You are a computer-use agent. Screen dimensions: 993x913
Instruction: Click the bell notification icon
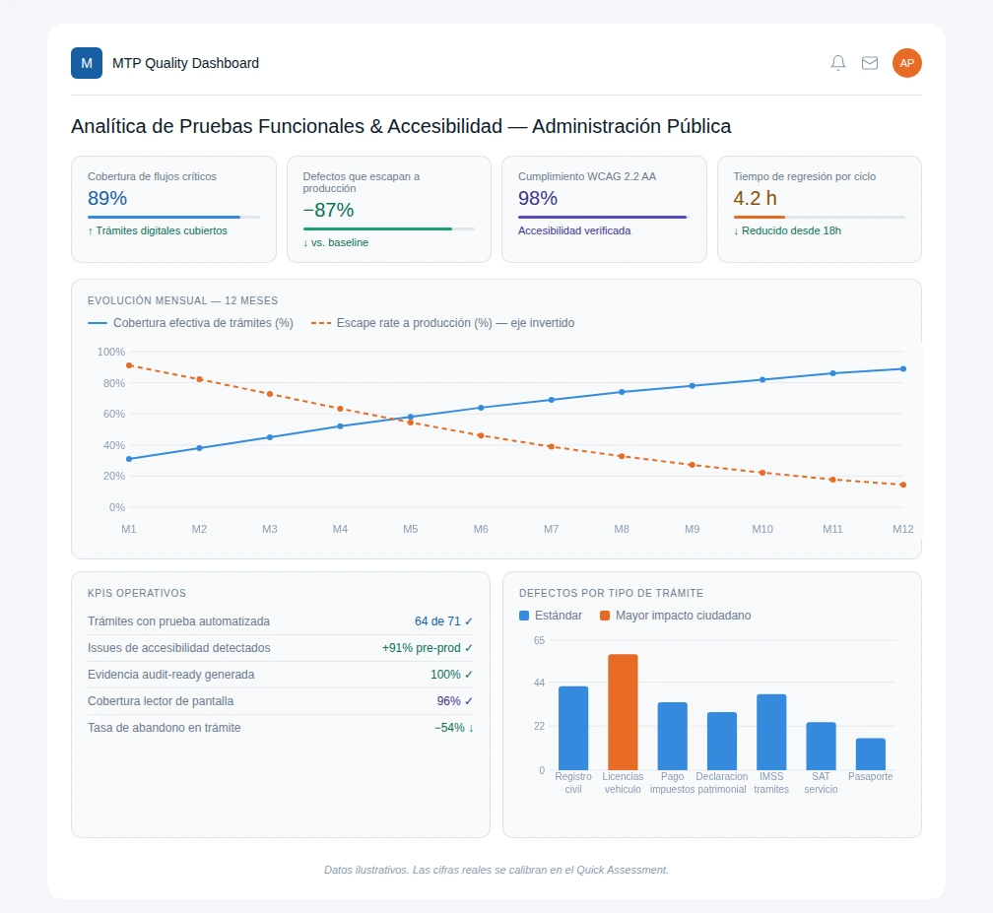click(x=837, y=63)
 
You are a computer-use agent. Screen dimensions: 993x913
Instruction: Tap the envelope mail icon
click(x=870, y=63)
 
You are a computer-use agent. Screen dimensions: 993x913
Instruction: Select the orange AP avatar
click(x=907, y=63)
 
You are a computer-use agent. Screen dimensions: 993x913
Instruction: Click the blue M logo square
click(x=87, y=63)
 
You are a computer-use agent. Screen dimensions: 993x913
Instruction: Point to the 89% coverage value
click(x=107, y=198)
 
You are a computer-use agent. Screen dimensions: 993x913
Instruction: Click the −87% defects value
click(x=328, y=210)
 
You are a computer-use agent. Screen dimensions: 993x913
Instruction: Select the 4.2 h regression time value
click(x=755, y=198)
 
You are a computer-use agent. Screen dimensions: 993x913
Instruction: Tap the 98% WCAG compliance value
click(x=538, y=198)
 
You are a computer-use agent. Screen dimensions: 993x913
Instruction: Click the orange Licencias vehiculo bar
click(x=623, y=712)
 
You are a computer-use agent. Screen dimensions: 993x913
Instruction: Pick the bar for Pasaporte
click(x=870, y=754)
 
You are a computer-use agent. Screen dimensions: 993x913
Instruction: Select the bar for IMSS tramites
click(x=771, y=732)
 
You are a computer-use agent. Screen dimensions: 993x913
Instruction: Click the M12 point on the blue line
click(x=903, y=368)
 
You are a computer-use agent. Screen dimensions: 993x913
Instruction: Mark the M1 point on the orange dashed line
click(x=129, y=365)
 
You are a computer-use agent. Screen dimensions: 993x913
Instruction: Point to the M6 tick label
click(x=481, y=529)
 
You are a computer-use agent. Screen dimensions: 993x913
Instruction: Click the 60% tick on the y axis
click(x=114, y=414)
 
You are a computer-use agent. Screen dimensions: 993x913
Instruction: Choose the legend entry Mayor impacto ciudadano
click(x=675, y=616)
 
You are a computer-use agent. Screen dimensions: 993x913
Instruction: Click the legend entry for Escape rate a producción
click(x=442, y=323)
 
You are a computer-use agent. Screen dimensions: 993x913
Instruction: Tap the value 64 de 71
click(x=437, y=621)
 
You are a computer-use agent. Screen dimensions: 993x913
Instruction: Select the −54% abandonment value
click(x=449, y=728)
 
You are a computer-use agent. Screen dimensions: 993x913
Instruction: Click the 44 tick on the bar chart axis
click(x=539, y=683)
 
